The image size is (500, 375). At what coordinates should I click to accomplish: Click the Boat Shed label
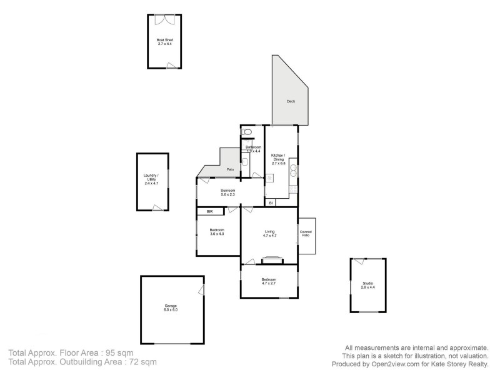click(x=165, y=41)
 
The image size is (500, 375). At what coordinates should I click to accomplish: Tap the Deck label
click(x=291, y=101)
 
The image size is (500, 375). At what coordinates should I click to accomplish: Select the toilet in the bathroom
click(x=247, y=132)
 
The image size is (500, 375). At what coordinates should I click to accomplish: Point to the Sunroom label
click(x=227, y=190)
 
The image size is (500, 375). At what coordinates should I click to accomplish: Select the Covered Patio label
click(x=306, y=234)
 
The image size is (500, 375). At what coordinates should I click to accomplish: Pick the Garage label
click(x=171, y=306)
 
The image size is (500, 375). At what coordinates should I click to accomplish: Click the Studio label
click(x=367, y=284)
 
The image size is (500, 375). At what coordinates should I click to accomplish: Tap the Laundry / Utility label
click(x=152, y=177)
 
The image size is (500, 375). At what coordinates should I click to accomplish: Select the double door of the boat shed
click(x=165, y=19)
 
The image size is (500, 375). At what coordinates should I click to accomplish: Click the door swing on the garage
click(x=201, y=290)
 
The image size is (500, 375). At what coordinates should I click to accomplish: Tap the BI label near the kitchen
click(x=271, y=203)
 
